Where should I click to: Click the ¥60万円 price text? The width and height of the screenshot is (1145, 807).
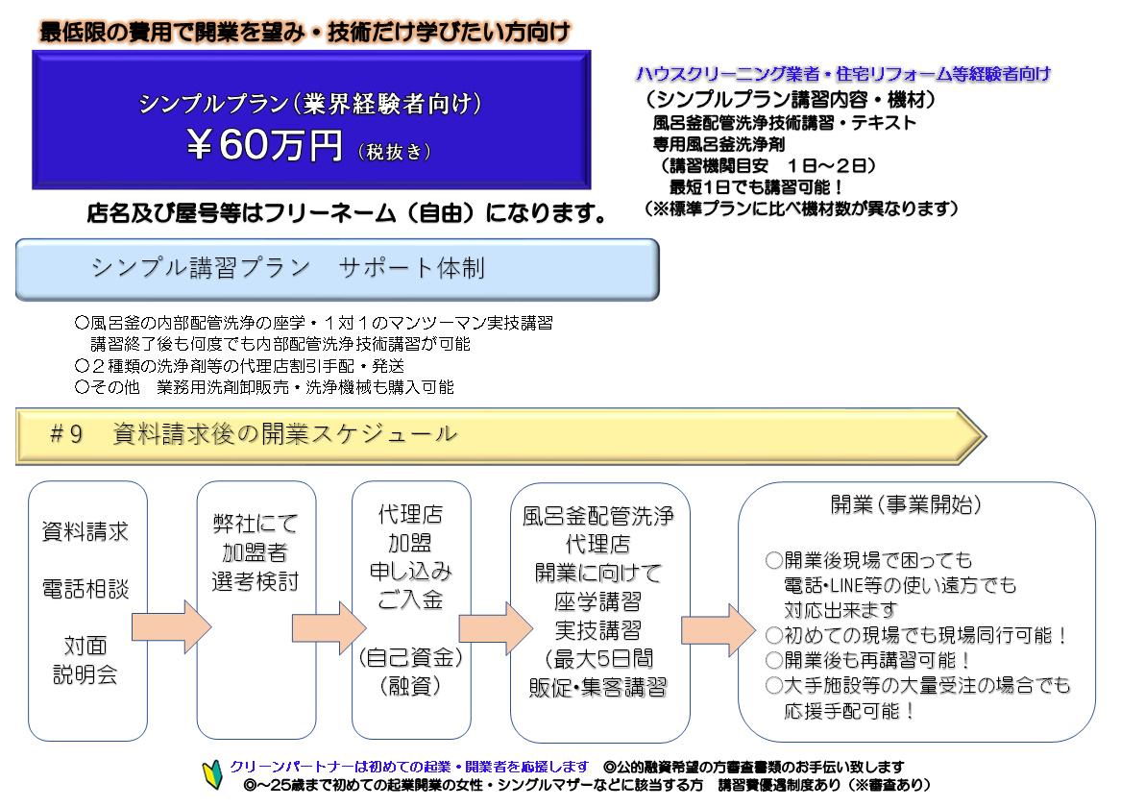(x=263, y=144)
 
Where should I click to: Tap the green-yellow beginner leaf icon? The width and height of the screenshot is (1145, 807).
(x=212, y=775)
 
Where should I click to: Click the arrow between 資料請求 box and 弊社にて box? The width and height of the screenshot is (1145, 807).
(x=172, y=626)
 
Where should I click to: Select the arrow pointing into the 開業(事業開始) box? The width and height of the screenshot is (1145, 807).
(x=718, y=629)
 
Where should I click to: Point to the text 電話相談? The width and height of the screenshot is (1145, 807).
(x=85, y=589)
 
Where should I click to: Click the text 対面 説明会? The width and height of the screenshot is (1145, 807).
(x=85, y=659)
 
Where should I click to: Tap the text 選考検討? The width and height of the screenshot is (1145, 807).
(x=256, y=581)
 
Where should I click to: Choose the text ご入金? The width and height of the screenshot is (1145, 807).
(x=410, y=600)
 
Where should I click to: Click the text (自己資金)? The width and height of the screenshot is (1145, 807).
(x=410, y=657)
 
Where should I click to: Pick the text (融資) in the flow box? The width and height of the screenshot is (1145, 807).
(x=410, y=686)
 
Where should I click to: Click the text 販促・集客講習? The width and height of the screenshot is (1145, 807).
(x=598, y=687)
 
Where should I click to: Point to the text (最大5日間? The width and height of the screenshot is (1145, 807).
(x=598, y=659)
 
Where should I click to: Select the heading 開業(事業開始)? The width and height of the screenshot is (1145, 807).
(x=906, y=504)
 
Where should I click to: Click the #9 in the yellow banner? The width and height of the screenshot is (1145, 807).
(x=65, y=434)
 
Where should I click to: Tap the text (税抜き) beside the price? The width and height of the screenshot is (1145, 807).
(x=395, y=152)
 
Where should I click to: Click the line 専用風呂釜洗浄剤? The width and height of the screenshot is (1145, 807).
(x=719, y=144)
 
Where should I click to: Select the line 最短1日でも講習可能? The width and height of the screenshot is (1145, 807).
(x=757, y=187)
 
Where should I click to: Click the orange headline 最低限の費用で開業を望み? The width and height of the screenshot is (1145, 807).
(x=172, y=32)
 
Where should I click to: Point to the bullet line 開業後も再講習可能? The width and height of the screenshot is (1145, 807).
(x=867, y=660)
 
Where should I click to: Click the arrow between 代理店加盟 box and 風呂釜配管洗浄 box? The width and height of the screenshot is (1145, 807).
(x=496, y=628)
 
